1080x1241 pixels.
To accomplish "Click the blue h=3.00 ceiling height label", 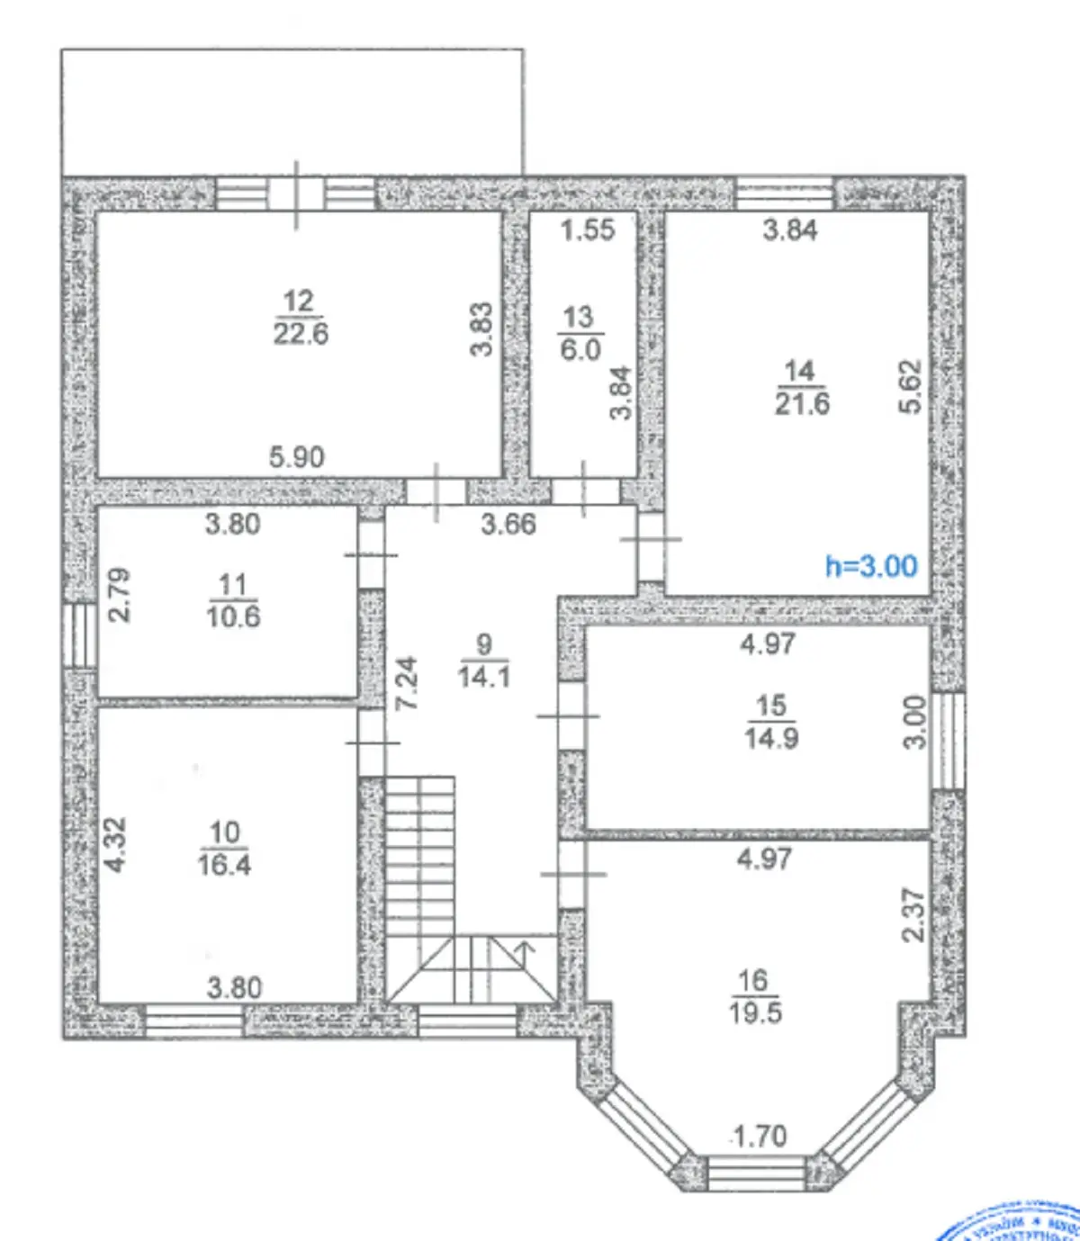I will tap(871, 566).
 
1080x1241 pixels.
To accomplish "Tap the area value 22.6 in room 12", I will tap(301, 334).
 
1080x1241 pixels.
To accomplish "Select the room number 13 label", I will tap(578, 317).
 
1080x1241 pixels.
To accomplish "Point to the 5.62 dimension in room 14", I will tap(911, 386).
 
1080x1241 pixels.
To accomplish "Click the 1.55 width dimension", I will tap(588, 229).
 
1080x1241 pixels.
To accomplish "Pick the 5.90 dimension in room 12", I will tap(297, 457).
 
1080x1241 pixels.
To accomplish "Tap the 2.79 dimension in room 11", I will tap(120, 594).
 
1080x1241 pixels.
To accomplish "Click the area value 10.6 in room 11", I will tap(233, 616).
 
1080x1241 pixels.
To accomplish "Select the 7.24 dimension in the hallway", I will tap(408, 683).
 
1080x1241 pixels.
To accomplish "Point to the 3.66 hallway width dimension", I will tap(508, 524).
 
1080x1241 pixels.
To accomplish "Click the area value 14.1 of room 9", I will tap(484, 676).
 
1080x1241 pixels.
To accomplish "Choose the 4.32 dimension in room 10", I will tap(116, 844).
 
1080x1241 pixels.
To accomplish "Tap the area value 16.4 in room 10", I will tap(224, 865).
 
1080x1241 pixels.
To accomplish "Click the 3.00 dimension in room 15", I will tap(913, 722).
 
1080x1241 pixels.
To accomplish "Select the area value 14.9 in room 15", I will tap(771, 738).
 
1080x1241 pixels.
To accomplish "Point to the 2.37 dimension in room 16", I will tap(913, 915).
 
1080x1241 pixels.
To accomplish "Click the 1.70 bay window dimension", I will tap(760, 1137).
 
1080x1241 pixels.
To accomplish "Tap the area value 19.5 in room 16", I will tap(755, 1012).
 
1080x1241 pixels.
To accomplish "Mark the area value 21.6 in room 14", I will tap(802, 403).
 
